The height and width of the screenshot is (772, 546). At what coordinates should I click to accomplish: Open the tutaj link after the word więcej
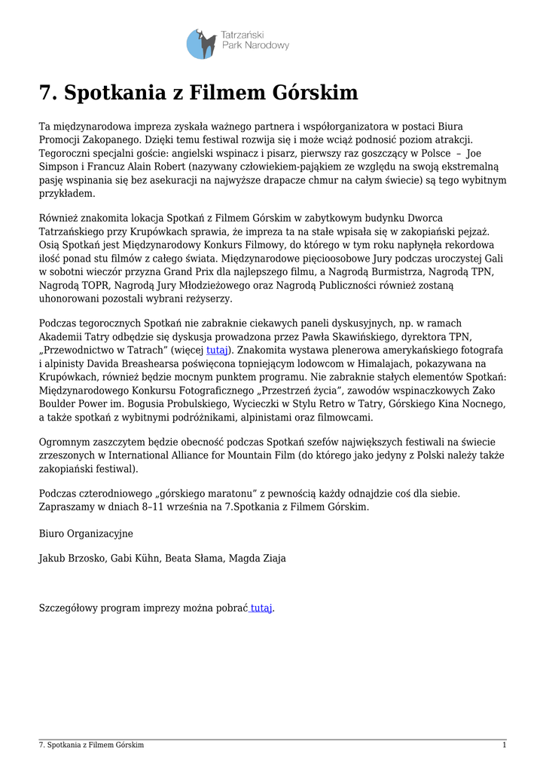pyautogui.click(x=217, y=351)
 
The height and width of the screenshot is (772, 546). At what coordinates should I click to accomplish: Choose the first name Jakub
pyautogui.click(x=53, y=559)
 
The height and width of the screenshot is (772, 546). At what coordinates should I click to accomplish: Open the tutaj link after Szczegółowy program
pyautogui.click(x=261, y=608)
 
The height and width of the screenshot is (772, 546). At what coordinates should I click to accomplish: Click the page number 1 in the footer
pyautogui.click(x=504, y=745)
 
